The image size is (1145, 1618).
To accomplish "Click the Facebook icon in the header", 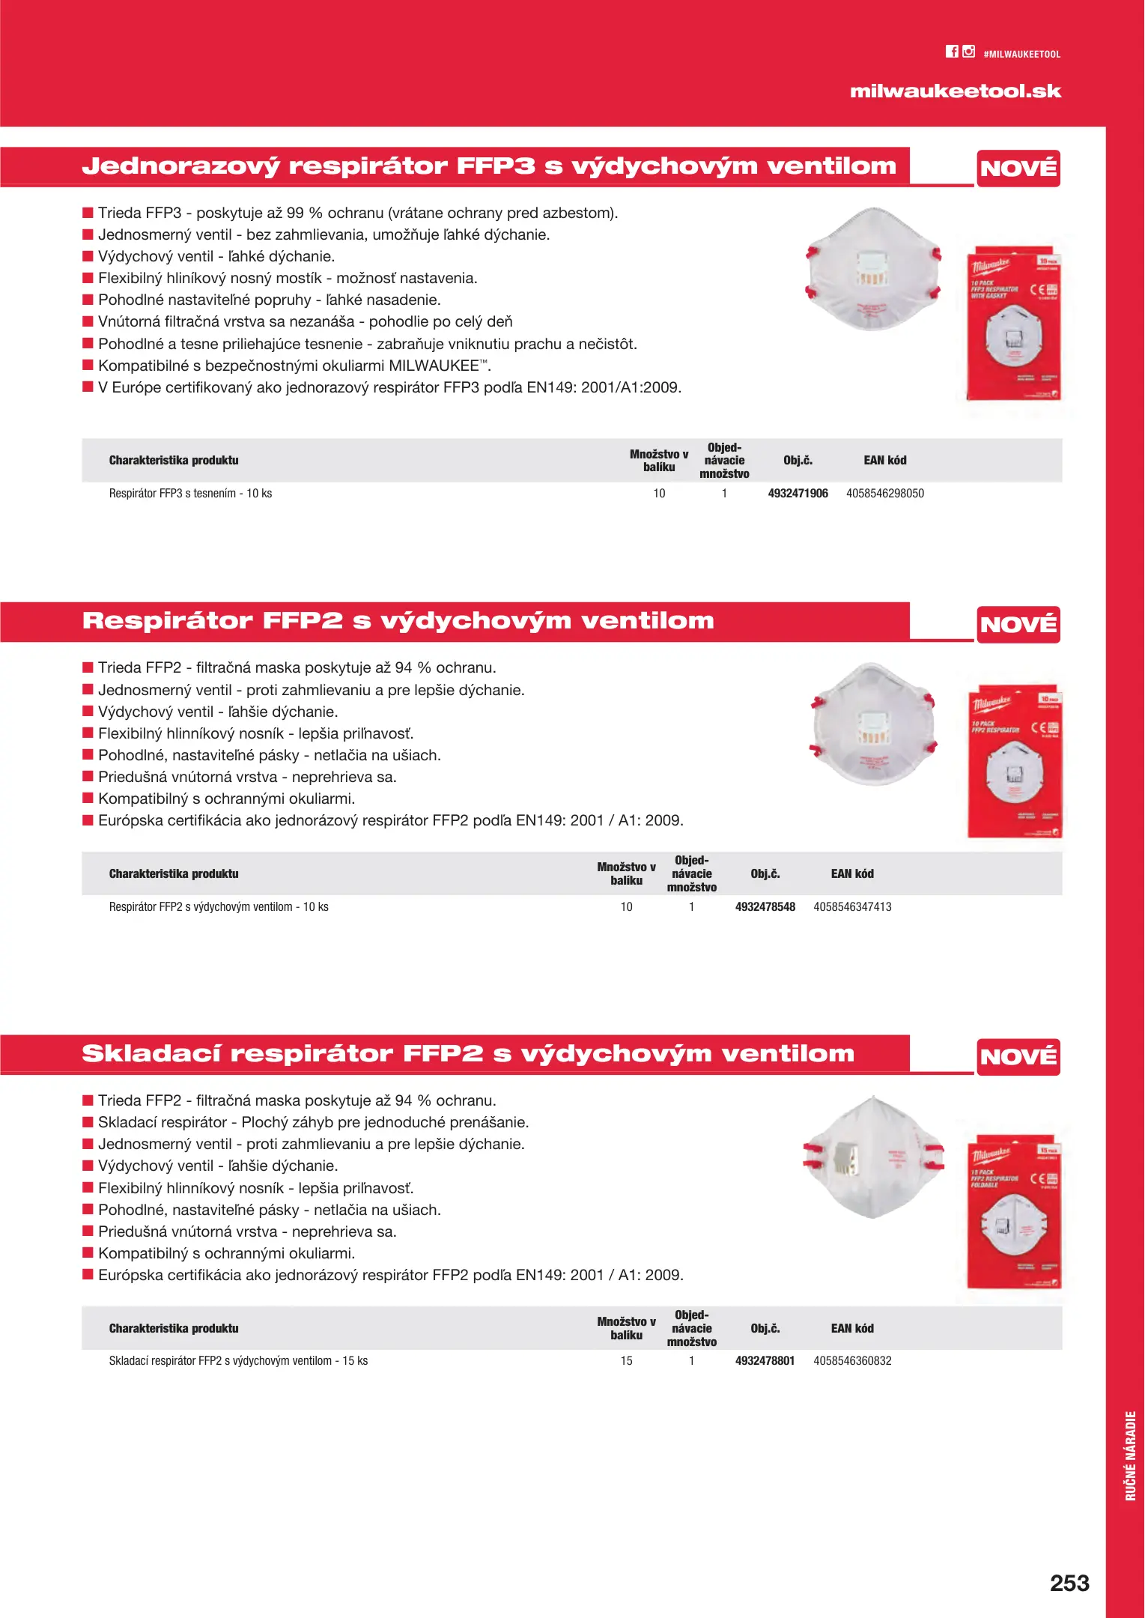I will [x=952, y=52].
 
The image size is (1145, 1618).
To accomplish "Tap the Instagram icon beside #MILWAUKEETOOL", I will [x=969, y=52].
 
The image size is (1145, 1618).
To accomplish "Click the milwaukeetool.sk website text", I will [x=956, y=91].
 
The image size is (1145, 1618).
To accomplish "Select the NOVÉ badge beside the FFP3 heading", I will [x=1018, y=168].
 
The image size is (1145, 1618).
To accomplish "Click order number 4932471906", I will [x=798, y=494].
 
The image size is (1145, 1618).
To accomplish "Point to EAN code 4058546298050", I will [x=885, y=494].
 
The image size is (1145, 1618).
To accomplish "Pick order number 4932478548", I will [x=765, y=907].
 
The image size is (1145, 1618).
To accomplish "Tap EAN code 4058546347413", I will [x=852, y=907].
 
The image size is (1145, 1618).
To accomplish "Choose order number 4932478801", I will [x=765, y=1361].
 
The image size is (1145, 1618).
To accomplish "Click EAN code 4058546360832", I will [x=852, y=1361].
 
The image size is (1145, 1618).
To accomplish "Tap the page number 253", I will [x=1069, y=1584].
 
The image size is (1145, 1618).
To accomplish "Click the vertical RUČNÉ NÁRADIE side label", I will [x=1131, y=1455].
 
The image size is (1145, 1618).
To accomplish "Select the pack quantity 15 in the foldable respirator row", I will [x=626, y=1361].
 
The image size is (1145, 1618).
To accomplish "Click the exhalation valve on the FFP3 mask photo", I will [x=872, y=270].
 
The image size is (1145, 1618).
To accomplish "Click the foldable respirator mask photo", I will [x=872, y=1158].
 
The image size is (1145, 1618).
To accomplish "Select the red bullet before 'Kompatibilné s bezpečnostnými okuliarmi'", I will [x=88, y=366].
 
